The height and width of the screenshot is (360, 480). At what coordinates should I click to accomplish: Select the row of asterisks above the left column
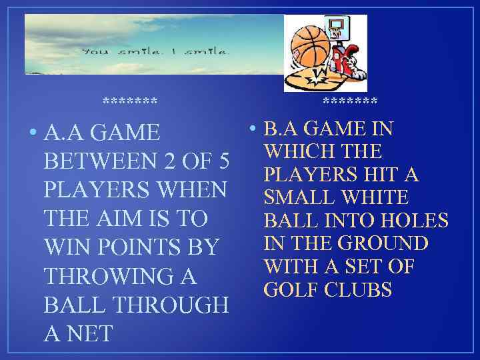[x=130, y=103]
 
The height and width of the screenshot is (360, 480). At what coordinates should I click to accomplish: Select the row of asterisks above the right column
[x=349, y=103]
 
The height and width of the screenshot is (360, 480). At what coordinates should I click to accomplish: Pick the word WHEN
[x=189, y=191]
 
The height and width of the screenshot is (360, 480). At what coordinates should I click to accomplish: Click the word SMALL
[x=299, y=198]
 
